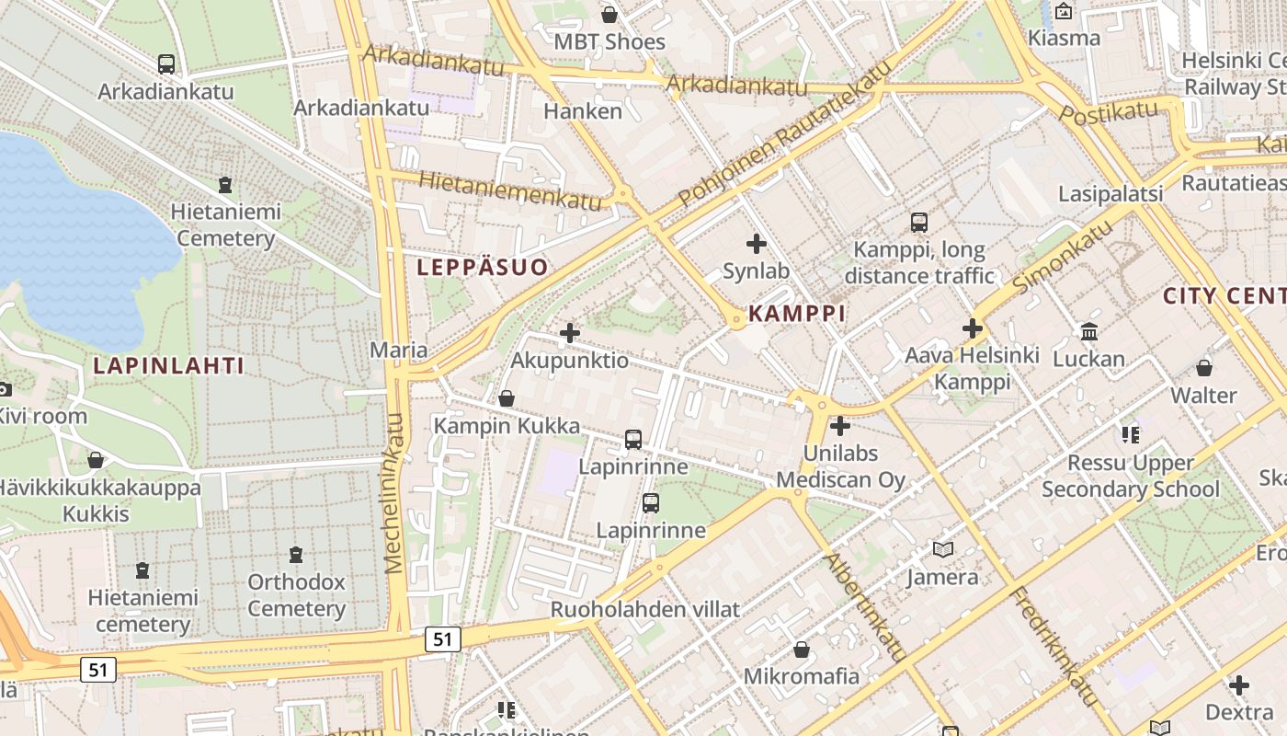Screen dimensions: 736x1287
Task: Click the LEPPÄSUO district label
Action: click(x=483, y=268)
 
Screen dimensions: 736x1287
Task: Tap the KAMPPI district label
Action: click(x=797, y=314)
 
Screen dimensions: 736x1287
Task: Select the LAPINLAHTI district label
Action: click(x=169, y=366)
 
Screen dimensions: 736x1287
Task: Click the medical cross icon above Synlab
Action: click(x=757, y=244)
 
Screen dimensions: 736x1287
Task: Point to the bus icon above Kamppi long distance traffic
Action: click(x=918, y=222)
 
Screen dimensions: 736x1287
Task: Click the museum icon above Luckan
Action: click(x=1089, y=331)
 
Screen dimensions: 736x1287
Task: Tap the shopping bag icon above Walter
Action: click(x=1204, y=368)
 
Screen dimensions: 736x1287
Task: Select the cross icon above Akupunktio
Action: click(x=570, y=333)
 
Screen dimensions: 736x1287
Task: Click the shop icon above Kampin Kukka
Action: click(x=506, y=398)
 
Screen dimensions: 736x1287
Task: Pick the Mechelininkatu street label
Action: click(x=395, y=493)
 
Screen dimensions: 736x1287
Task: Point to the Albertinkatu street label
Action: click(x=865, y=607)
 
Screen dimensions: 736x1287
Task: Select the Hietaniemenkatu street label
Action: click(x=511, y=190)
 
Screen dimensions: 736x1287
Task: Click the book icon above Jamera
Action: click(x=942, y=549)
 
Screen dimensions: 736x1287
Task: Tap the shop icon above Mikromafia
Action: click(x=802, y=650)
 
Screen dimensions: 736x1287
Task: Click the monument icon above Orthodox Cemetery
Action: click(x=296, y=555)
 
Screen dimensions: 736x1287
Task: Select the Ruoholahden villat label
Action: click(x=645, y=609)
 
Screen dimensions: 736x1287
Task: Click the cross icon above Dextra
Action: click(x=1239, y=685)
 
